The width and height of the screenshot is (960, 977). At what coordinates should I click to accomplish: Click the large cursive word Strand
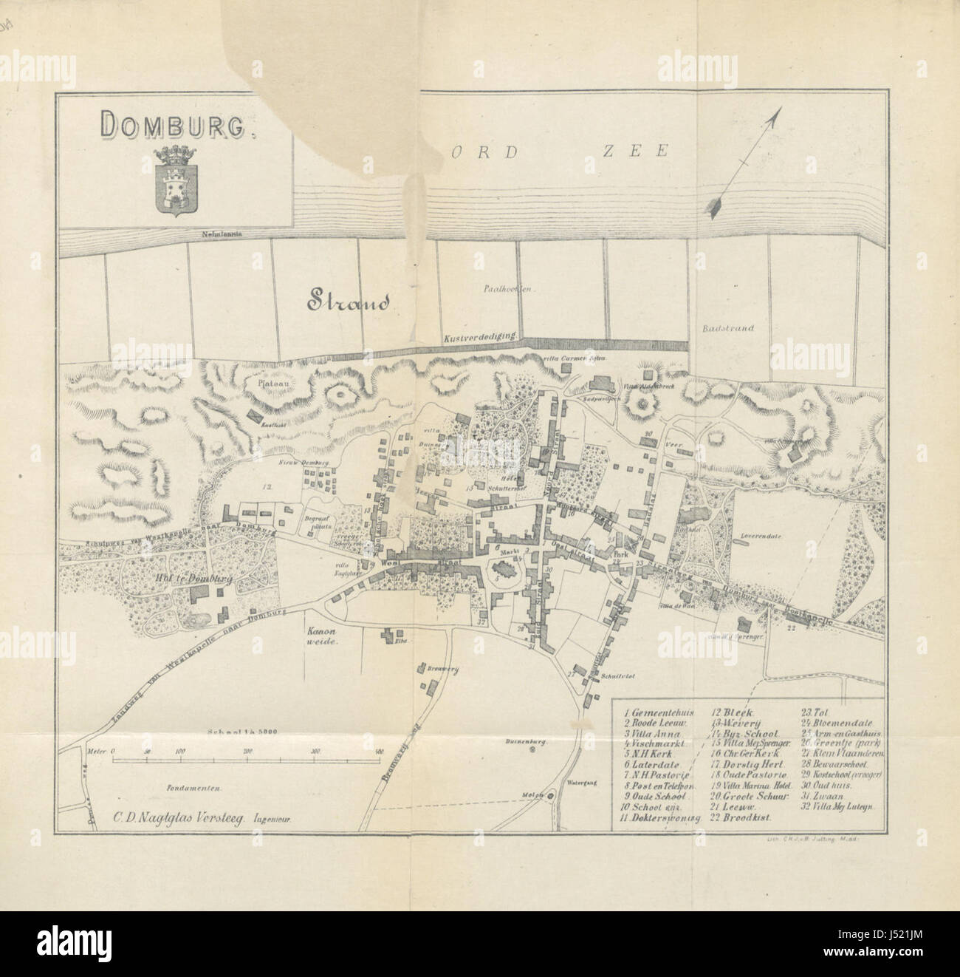343,301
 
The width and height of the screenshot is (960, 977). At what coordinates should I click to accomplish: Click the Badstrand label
728,327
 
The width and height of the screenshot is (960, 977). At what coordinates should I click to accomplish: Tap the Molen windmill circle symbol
551,795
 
